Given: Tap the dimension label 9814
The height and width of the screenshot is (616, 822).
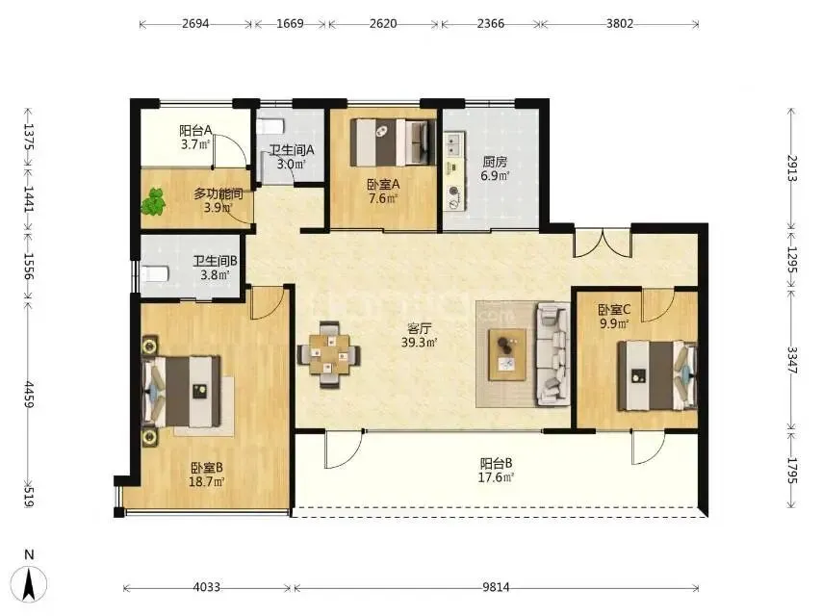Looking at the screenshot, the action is [x=496, y=587].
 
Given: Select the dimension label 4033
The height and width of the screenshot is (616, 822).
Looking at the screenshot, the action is [x=207, y=587].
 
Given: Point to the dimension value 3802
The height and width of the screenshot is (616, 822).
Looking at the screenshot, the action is [x=620, y=24].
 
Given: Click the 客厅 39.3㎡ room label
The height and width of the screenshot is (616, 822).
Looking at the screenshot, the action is [x=420, y=336].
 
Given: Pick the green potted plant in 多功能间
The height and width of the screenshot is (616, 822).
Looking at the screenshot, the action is [x=153, y=202].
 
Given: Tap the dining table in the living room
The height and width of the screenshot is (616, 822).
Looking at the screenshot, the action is [x=329, y=355].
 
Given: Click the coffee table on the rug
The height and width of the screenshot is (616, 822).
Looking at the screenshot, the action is [x=507, y=354].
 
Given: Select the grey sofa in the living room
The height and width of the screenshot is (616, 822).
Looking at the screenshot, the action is [x=552, y=354].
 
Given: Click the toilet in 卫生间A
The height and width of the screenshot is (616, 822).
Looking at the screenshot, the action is [x=272, y=127].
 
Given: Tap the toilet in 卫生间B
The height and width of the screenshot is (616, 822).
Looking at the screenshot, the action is [x=156, y=273].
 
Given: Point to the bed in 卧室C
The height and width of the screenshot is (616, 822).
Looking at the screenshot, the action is [x=657, y=375].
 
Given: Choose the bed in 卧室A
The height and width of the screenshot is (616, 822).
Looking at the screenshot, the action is [x=393, y=142].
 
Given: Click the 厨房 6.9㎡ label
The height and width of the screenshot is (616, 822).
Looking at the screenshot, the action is [x=495, y=168].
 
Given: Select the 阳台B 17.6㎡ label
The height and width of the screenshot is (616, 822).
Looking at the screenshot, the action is [x=496, y=471].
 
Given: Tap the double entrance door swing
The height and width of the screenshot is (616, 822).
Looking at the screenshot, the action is [x=603, y=243].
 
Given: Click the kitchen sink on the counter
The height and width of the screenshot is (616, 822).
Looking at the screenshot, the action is [x=454, y=144].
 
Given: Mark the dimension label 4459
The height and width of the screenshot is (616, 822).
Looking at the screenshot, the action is [x=29, y=395].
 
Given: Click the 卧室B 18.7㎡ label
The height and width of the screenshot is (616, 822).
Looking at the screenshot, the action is [x=207, y=474].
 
